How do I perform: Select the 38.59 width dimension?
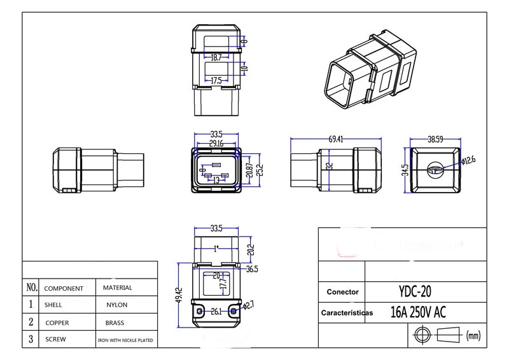point(435,138)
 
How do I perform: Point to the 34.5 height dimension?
point(405,170)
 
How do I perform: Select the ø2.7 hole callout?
point(249,306)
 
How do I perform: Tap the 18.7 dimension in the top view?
point(216,58)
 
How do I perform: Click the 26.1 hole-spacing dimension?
point(216,312)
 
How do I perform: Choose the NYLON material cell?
point(117,305)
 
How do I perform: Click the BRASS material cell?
point(115,322)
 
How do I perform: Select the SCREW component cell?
point(55,340)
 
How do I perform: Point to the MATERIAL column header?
point(117,287)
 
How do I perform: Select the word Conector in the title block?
point(343,292)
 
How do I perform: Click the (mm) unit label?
point(473,335)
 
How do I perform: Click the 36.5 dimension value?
point(252,269)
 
